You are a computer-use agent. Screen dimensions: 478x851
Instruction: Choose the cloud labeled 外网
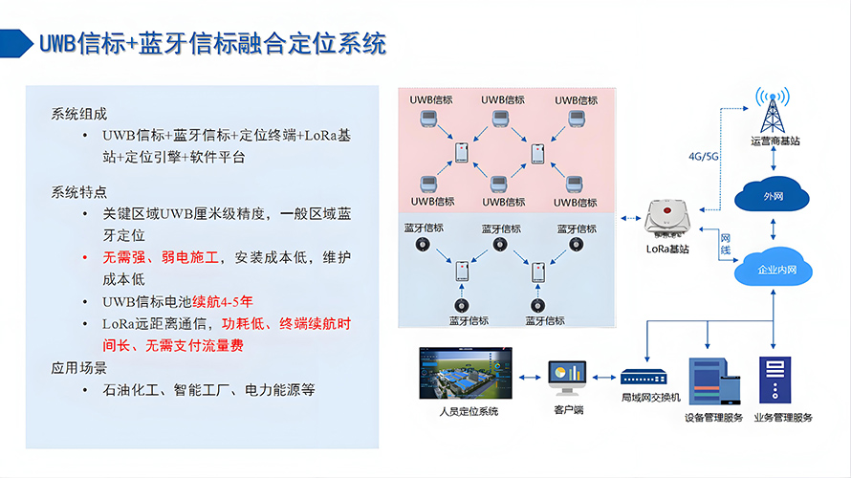tap(772, 197)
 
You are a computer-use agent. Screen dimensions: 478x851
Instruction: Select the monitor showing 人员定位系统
tap(466, 374)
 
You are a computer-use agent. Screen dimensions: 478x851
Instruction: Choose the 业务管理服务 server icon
tap(775, 380)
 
